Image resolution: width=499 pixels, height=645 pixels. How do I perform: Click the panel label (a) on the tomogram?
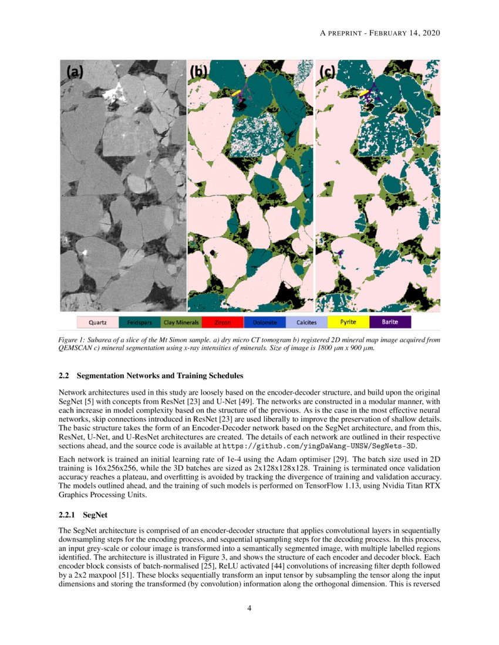[75, 72]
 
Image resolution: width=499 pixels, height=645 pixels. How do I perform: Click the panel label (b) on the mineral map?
[198, 72]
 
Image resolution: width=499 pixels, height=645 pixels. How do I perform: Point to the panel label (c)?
[326, 72]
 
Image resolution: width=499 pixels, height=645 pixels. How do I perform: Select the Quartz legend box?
[97, 322]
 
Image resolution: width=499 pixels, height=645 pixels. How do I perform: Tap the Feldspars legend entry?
[139, 322]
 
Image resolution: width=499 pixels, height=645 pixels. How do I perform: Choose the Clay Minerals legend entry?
[181, 322]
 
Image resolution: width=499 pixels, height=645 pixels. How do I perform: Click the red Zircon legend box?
[222, 322]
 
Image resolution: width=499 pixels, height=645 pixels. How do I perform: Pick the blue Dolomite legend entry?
[264, 322]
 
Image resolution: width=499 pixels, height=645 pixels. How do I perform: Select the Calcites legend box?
[306, 322]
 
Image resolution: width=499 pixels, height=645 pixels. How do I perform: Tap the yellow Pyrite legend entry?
[348, 322]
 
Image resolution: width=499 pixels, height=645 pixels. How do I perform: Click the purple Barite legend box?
[390, 322]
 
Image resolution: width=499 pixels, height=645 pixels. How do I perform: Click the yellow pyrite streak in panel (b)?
[236, 93]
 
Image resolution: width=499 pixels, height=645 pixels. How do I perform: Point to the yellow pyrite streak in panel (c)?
[363, 93]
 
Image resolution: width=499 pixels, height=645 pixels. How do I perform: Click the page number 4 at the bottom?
[249, 608]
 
